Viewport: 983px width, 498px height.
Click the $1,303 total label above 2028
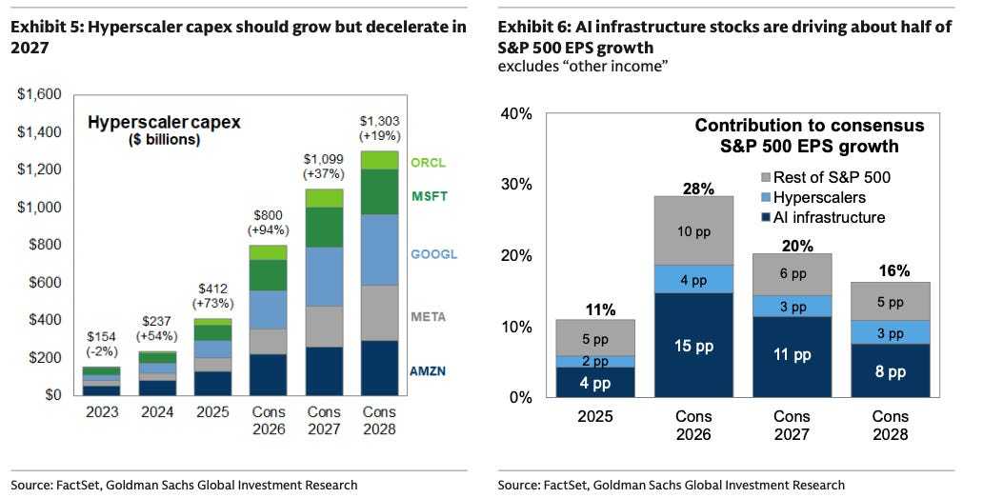[x=379, y=121]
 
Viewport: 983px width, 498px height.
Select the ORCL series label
[x=429, y=163]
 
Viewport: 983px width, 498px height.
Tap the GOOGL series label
[x=433, y=254]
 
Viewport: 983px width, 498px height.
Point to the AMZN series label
[x=428, y=371]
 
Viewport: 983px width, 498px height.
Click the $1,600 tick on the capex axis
[x=39, y=94]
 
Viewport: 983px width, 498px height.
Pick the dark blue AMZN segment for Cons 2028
[x=379, y=368]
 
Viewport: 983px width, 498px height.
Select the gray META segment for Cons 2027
[x=324, y=327]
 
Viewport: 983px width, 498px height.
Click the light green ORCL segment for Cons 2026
[x=269, y=252]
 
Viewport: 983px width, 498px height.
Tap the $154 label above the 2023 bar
[x=101, y=337]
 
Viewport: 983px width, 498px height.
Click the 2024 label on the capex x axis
[x=157, y=412]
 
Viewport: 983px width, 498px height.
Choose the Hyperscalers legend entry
[x=812, y=197]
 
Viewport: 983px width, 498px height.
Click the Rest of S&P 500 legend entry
[x=825, y=177]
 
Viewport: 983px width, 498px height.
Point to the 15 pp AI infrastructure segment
[x=694, y=345]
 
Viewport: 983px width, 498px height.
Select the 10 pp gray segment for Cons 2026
[x=694, y=230]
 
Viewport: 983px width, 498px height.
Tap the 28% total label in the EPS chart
[x=698, y=188]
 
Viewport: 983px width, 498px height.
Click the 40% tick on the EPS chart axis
[x=516, y=114]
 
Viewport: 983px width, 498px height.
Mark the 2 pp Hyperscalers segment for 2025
[x=595, y=362]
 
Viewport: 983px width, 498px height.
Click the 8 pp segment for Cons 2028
[x=891, y=370]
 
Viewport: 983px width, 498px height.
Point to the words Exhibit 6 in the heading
[x=531, y=27]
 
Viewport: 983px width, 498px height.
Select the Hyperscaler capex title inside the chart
[x=164, y=122]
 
